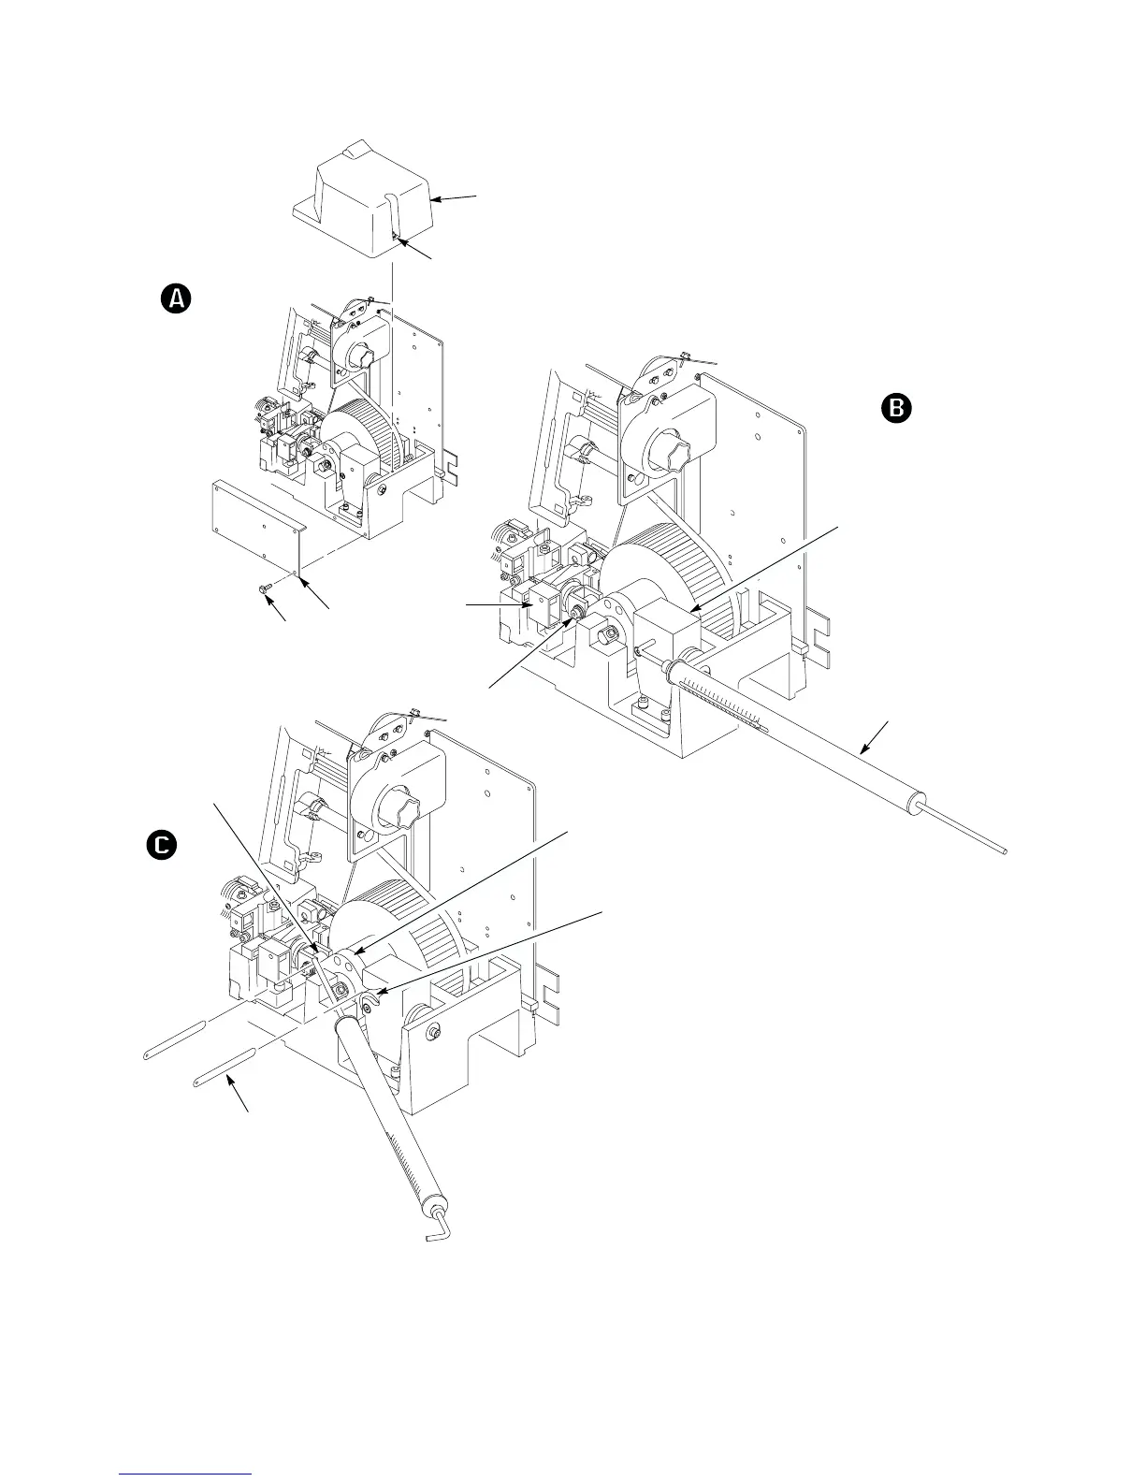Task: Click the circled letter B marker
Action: coord(895,408)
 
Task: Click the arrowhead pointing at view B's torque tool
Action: coord(865,749)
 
